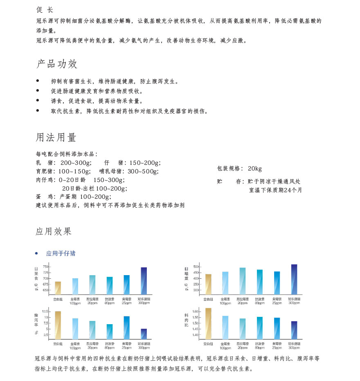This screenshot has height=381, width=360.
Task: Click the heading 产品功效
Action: click(56, 64)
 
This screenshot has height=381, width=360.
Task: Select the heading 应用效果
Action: click(54, 231)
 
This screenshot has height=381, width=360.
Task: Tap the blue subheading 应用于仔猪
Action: click(61, 253)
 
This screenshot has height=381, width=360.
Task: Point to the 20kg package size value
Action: click(254, 169)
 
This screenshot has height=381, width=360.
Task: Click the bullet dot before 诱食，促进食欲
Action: click(38, 101)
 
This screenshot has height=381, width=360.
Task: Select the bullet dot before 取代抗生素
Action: click(38, 111)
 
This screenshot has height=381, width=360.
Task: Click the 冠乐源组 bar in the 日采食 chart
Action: click(144, 281)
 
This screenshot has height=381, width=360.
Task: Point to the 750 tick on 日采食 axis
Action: click(45, 267)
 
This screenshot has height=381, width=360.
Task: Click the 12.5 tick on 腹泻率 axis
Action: click(45, 312)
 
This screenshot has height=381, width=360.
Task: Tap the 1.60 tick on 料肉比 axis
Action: click(195, 312)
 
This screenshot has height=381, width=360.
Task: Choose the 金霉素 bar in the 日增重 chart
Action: click(225, 283)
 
